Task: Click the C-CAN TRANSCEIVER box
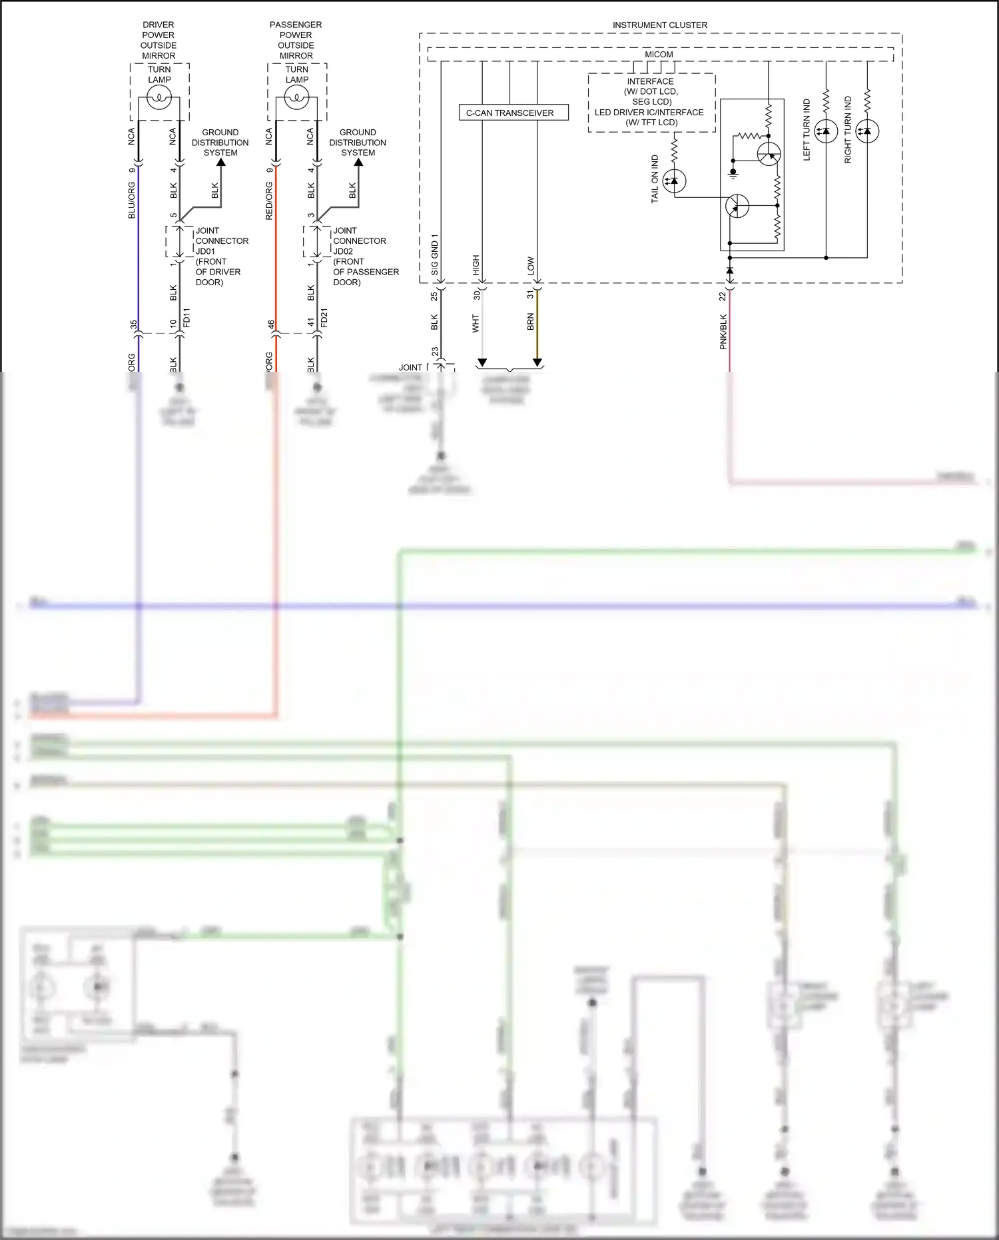[513, 113]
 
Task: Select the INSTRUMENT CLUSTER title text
[659, 25]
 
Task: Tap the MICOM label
[659, 54]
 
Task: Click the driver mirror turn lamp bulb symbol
[159, 99]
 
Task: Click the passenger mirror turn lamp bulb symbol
[296, 99]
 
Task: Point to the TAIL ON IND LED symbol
[674, 181]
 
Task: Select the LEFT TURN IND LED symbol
[826, 131]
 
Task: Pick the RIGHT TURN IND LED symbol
[867, 131]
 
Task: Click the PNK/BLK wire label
[723, 332]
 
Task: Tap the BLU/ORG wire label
[131, 200]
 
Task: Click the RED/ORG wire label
[269, 201]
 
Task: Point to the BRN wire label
[530, 322]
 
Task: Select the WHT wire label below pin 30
[476, 323]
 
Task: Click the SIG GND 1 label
[435, 255]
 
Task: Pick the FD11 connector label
[186, 317]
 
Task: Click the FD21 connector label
[324, 317]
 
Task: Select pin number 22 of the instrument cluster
[723, 296]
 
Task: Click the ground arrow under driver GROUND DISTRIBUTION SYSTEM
[221, 162]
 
